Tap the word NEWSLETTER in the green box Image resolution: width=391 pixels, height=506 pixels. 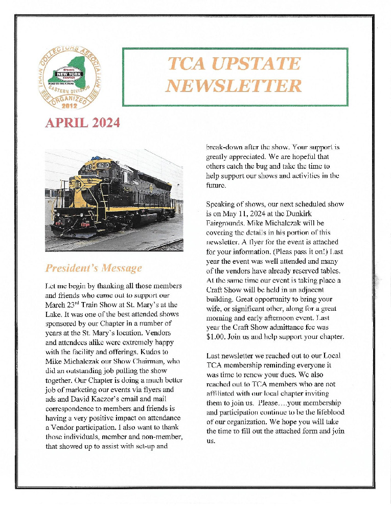pos(235,86)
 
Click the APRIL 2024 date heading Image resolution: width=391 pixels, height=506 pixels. pos(82,123)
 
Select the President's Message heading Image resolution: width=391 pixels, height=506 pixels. pos(93,268)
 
